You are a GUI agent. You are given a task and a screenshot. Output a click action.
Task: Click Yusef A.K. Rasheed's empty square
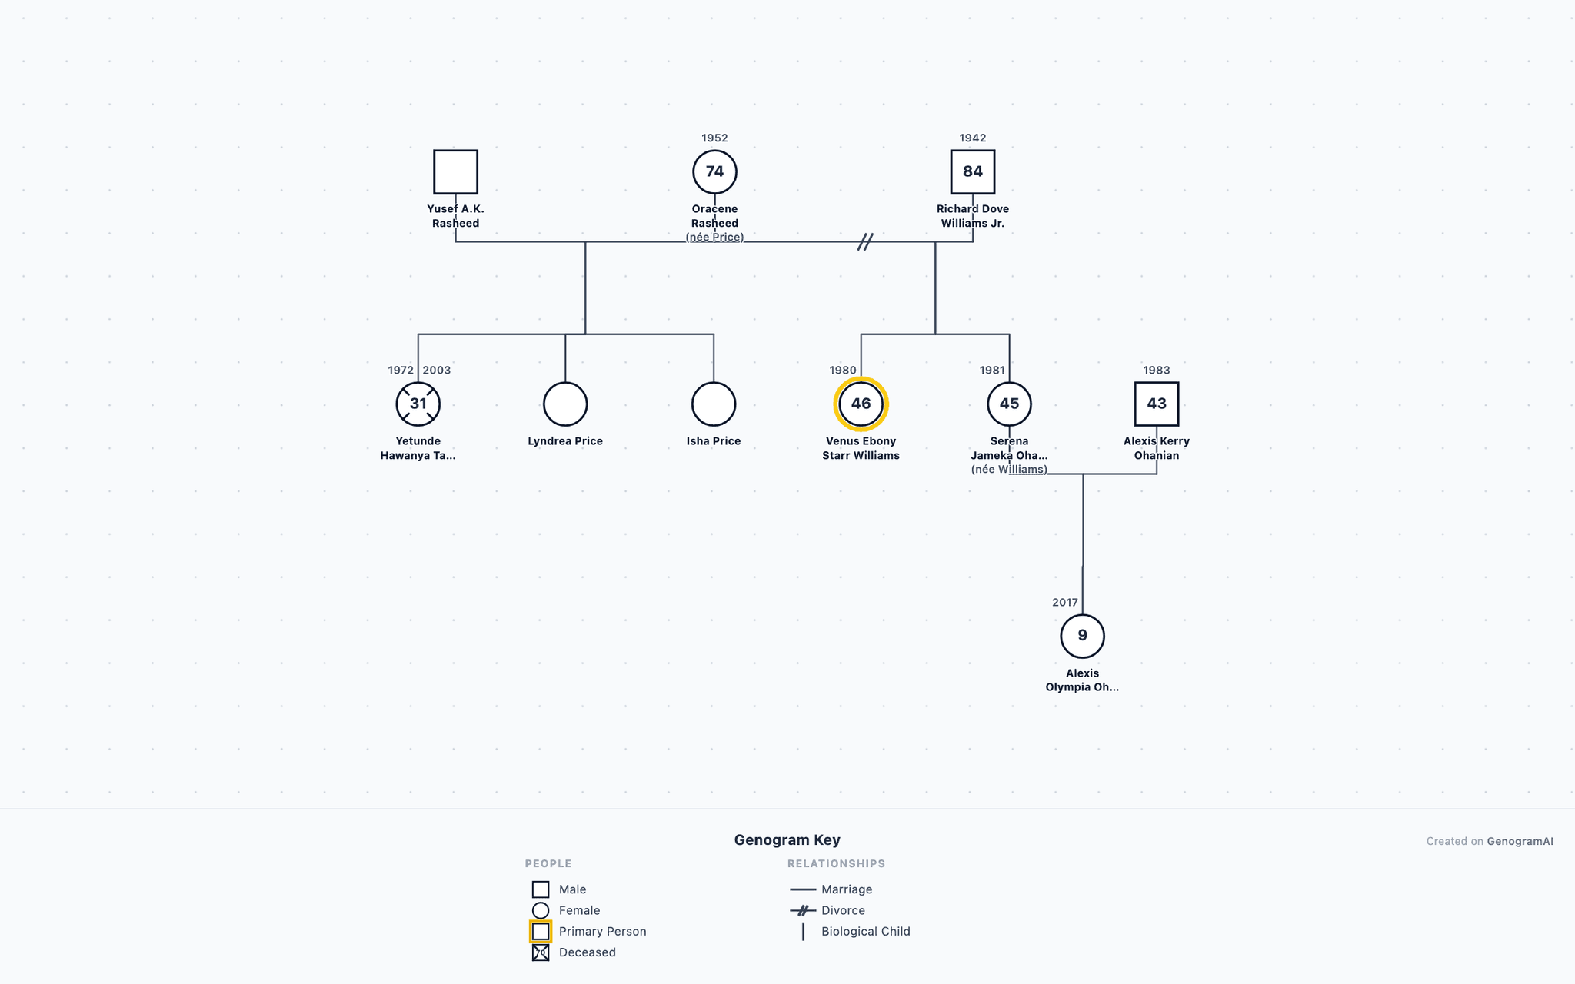pyautogui.click(x=455, y=151)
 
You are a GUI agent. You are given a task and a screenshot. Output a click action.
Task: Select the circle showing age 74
pyautogui.click(x=714, y=151)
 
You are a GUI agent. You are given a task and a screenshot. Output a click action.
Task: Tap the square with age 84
pyautogui.click(x=973, y=151)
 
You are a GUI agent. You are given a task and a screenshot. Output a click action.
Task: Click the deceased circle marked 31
pyautogui.click(x=418, y=384)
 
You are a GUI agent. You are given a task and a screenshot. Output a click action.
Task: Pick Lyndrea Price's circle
pyautogui.click(x=565, y=383)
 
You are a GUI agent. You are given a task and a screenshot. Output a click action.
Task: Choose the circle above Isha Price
pyautogui.click(x=714, y=383)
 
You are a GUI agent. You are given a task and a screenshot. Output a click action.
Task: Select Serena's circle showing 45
pyautogui.click(x=1009, y=383)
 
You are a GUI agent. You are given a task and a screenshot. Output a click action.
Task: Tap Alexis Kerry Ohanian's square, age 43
pyautogui.click(x=1157, y=384)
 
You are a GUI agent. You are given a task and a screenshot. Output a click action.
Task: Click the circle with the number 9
pyautogui.click(x=1082, y=616)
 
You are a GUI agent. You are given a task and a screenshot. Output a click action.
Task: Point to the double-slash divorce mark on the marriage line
pyautogui.click(x=865, y=242)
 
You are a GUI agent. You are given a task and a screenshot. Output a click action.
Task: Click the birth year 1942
pyautogui.click(x=973, y=138)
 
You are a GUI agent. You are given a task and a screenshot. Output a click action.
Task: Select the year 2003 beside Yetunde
pyautogui.click(x=437, y=371)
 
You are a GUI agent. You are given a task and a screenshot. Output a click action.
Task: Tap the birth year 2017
pyautogui.click(x=1065, y=603)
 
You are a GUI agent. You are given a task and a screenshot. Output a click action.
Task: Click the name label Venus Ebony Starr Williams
pyautogui.click(x=861, y=448)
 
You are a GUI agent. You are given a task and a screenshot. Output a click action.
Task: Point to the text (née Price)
pyautogui.click(x=714, y=237)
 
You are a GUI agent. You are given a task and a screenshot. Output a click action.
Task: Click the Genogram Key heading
pyautogui.click(x=787, y=840)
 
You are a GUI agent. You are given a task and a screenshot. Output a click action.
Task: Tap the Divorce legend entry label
pyautogui.click(x=843, y=910)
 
